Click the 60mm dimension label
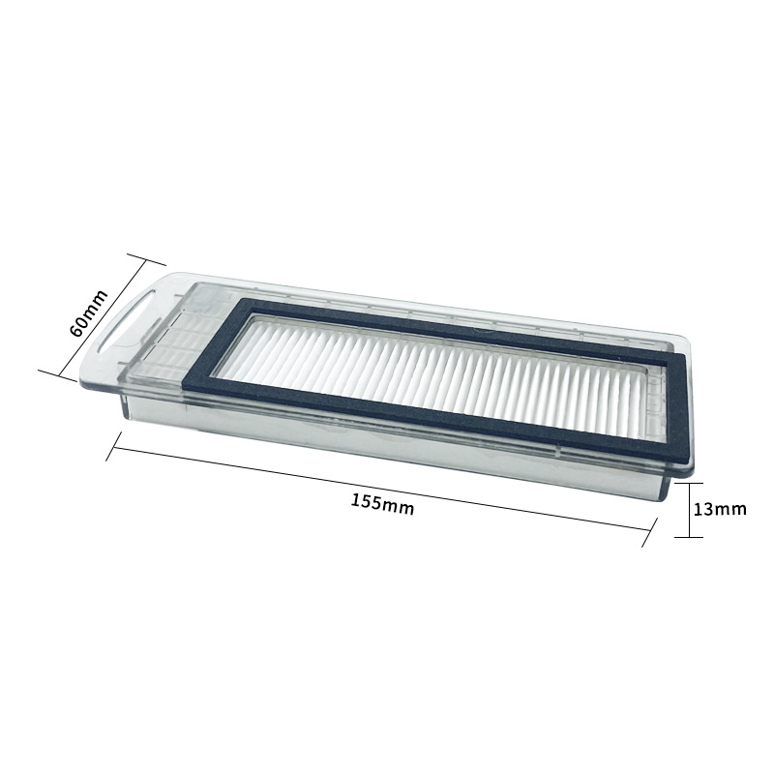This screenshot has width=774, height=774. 89,313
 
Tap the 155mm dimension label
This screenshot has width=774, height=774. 382,503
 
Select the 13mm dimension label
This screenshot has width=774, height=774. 720,509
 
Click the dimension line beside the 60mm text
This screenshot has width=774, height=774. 103,318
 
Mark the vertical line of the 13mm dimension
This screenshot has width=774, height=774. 689,510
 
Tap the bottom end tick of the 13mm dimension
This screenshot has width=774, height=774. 689,537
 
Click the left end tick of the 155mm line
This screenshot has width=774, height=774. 114,447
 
